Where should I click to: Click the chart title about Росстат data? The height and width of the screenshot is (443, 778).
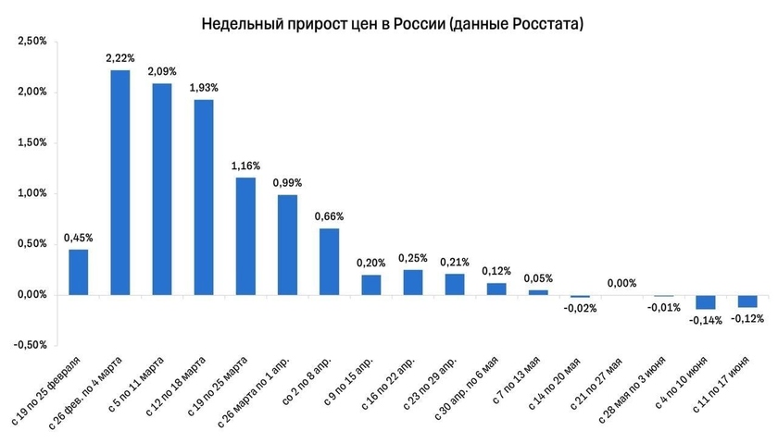(x=392, y=23)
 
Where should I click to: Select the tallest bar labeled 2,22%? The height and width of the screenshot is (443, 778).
(x=120, y=182)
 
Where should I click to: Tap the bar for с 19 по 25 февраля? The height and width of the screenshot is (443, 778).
(x=79, y=272)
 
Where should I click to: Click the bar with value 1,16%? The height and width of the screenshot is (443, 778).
(x=245, y=236)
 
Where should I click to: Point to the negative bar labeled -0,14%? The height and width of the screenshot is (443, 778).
(x=706, y=302)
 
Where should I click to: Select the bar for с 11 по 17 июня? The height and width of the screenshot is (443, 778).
(x=747, y=301)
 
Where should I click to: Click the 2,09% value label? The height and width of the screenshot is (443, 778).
(x=162, y=72)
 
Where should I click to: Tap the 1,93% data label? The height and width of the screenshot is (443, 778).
(x=204, y=88)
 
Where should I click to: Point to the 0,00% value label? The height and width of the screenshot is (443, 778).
(x=622, y=284)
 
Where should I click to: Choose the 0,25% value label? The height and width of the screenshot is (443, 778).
(x=413, y=258)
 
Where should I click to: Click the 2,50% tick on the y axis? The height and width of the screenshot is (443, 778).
(x=32, y=42)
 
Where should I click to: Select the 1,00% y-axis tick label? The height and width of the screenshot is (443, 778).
(x=32, y=193)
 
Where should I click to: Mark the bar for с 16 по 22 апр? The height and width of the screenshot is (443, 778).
(x=413, y=282)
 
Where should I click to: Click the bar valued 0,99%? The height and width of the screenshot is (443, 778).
(x=287, y=244)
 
